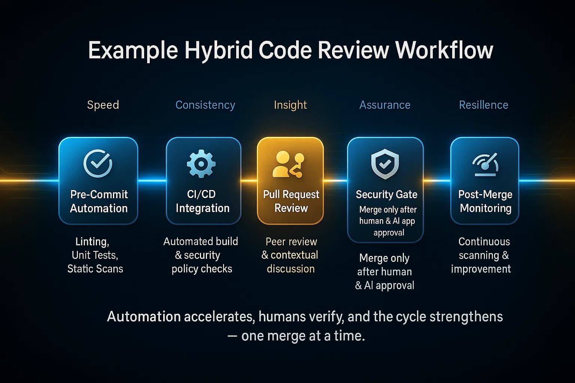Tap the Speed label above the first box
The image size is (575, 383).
(x=103, y=105)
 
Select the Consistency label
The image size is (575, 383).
(x=205, y=105)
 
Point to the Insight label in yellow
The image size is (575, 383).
(x=290, y=105)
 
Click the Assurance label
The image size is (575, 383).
(x=385, y=105)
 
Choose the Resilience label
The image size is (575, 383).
(x=484, y=105)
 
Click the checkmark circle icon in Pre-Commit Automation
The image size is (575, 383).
(x=98, y=163)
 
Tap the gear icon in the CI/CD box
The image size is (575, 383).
(x=201, y=163)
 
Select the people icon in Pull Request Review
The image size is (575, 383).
(x=288, y=164)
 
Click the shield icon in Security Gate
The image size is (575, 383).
(x=385, y=164)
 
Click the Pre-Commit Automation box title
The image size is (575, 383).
(x=99, y=201)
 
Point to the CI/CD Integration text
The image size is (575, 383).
(x=202, y=201)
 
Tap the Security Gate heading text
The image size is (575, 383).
(x=386, y=194)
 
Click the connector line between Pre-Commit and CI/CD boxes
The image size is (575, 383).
(x=152, y=181)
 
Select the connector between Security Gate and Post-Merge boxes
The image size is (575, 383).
(x=437, y=181)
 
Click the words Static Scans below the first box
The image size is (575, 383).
(x=95, y=269)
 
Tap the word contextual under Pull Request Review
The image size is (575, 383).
(x=294, y=255)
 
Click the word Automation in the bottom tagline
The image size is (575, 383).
(x=144, y=317)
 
